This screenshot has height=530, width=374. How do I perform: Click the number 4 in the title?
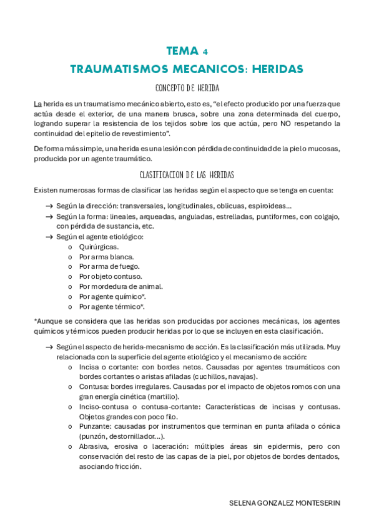point(205,52)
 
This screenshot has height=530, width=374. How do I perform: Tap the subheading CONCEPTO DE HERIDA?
point(187,87)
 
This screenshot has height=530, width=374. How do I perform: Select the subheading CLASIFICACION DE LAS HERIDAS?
point(187,175)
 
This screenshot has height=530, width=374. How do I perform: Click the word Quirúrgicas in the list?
point(99,246)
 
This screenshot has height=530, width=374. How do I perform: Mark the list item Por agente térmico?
point(111,306)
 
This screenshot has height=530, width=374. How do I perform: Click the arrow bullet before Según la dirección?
point(49,206)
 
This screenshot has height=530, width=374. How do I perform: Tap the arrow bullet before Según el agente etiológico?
point(49,236)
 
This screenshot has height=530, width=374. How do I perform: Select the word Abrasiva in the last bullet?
point(94,446)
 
